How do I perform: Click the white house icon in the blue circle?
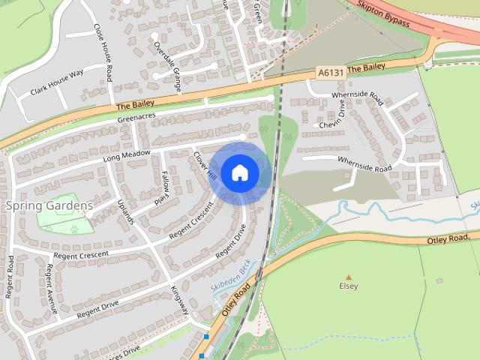tap(239, 173)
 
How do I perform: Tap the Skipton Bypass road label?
tap(382, 15)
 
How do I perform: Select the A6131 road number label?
tap(330, 73)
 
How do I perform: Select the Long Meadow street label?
tap(127, 156)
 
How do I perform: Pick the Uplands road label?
tap(124, 211)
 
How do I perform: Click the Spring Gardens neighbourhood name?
tap(49, 205)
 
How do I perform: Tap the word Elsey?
tap(349, 286)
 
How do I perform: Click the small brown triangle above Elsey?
tap(349, 276)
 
